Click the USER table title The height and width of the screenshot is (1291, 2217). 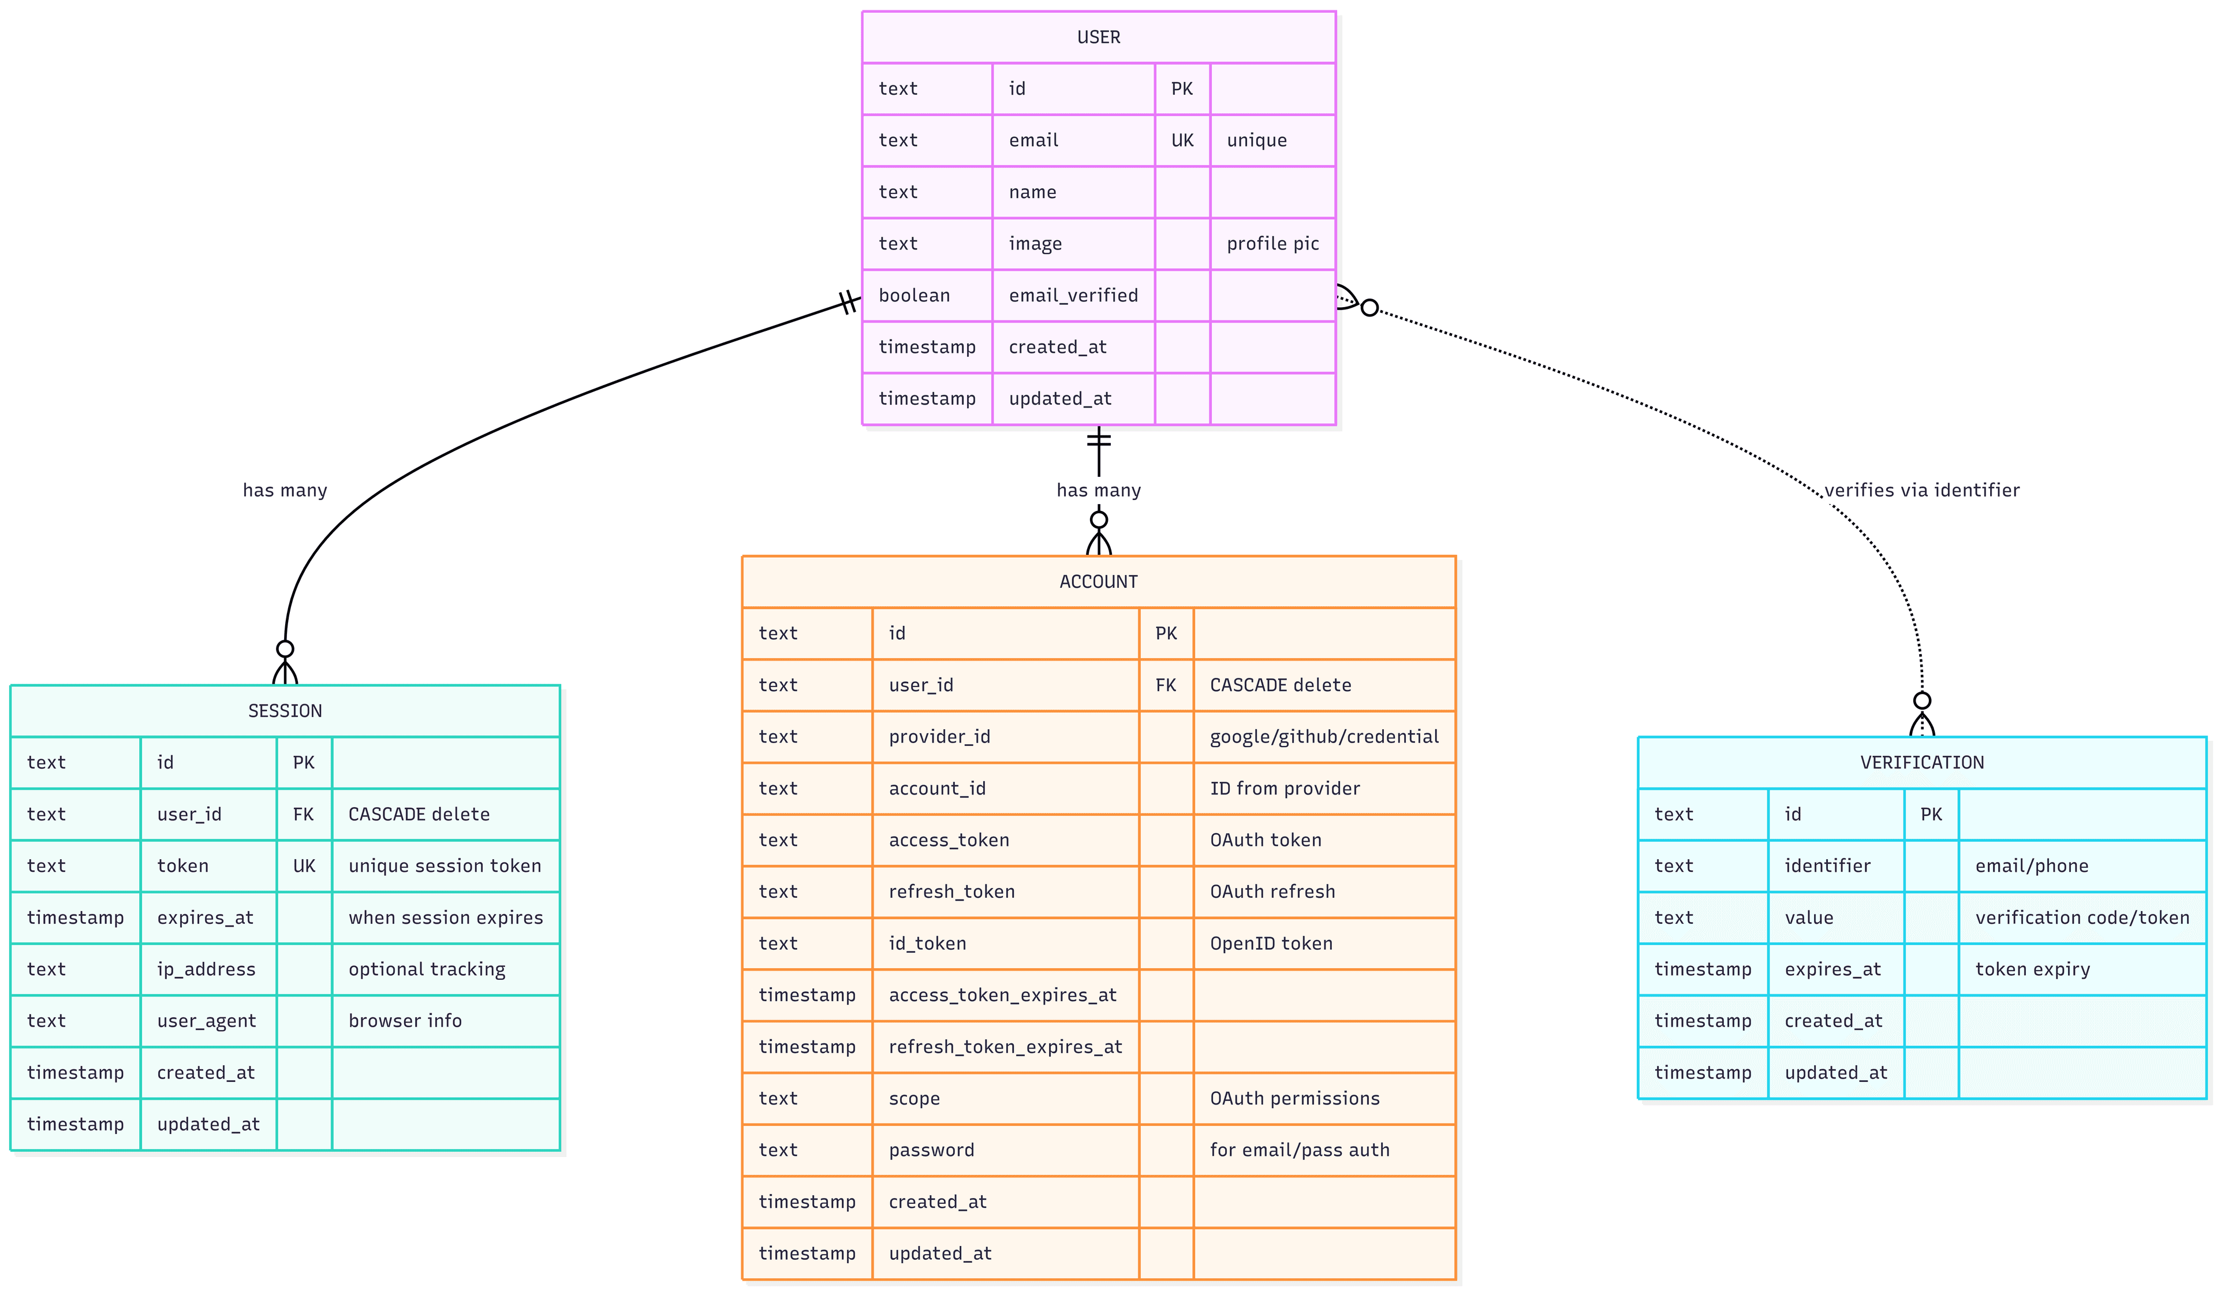pyautogui.click(x=1098, y=37)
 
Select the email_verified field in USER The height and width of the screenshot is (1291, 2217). pyautogui.click(x=1073, y=296)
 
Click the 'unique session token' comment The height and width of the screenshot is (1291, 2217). pyautogui.click(x=445, y=866)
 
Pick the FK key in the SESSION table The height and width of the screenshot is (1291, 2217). pyautogui.click(x=304, y=814)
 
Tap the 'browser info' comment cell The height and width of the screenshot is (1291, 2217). pyautogui.click(x=405, y=1021)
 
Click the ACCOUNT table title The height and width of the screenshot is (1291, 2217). pyautogui.click(x=1098, y=581)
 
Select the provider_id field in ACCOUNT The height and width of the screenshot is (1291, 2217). pyautogui.click(x=939, y=737)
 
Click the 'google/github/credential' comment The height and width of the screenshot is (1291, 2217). pyautogui.click(x=1323, y=737)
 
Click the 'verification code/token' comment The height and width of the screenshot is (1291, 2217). pyautogui.click(x=2081, y=918)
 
